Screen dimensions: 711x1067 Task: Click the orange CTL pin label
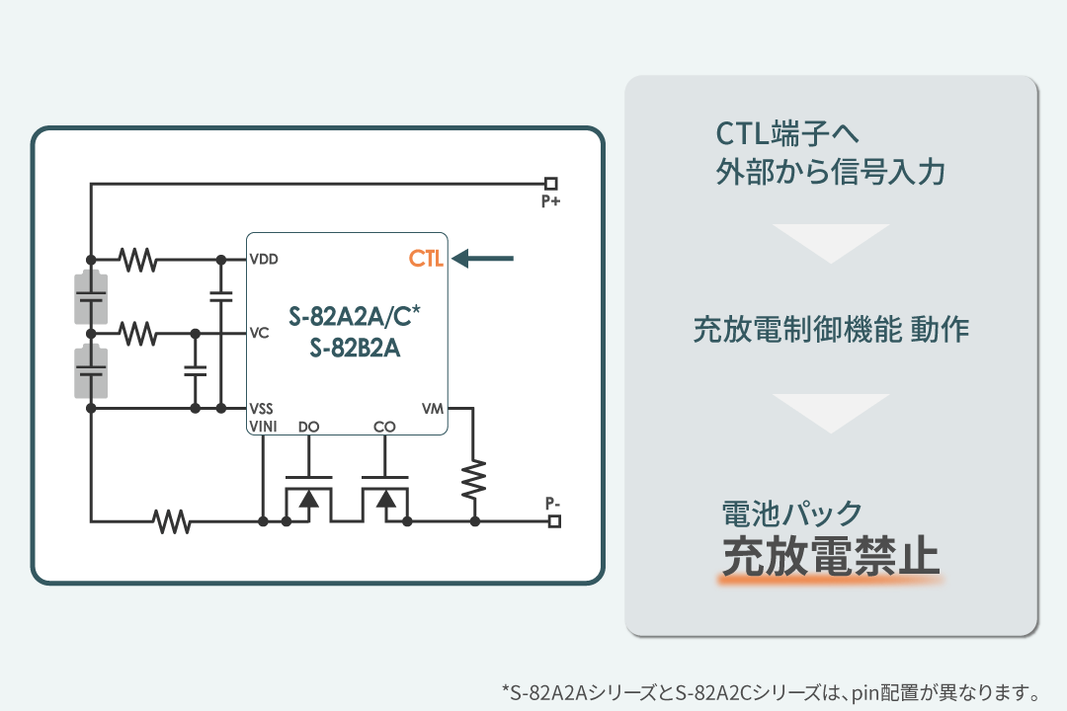(426, 260)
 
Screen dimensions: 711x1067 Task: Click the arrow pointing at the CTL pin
(484, 260)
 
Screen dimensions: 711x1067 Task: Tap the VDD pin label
(264, 260)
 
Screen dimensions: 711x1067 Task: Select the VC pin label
(260, 333)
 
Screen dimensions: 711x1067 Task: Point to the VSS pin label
(262, 408)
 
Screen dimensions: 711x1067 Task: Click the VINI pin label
(264, 427)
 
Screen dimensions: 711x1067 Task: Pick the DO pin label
(308, 427)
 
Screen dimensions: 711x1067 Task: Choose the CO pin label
(384, 427)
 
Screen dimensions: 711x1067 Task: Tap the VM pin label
(433, 408)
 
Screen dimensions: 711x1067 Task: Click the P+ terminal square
(551, 183)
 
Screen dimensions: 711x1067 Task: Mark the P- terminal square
(551, 519)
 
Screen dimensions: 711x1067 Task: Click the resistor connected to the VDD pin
(138, 260)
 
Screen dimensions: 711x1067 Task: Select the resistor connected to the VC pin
(138, 333)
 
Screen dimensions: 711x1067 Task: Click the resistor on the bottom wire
(173, 519)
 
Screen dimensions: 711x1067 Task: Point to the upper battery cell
(91, 296)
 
